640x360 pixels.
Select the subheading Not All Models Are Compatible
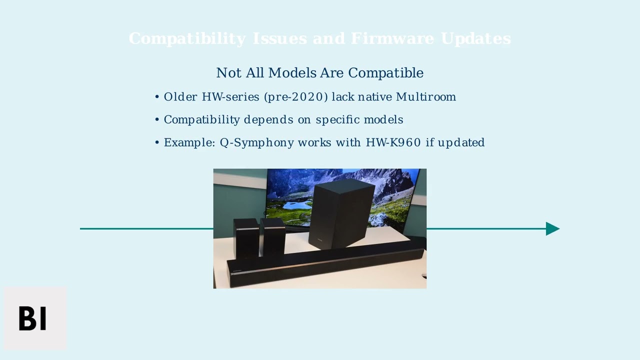tap(319, 73)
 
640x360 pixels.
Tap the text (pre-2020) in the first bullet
tap(296, 97)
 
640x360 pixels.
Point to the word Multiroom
tap(425, 97)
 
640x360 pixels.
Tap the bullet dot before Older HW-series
tap(157, 97)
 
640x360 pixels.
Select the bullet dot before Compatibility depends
tap(157, 120)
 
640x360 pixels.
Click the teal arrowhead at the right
tap(552, 228)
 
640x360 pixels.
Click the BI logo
tap(33, 318)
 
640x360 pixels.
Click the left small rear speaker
tap(245, 237)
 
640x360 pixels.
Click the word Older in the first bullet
tap(180, 97)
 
